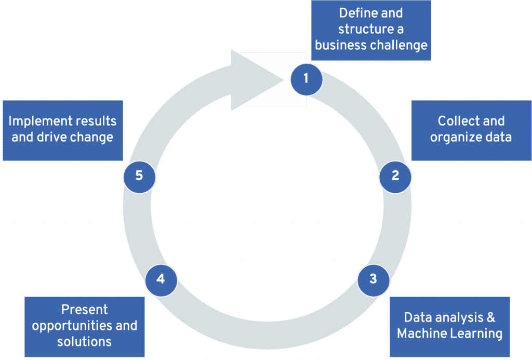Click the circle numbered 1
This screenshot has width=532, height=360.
pyautogui.click(x=306, y=79)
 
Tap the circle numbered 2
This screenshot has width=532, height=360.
pyautogui.click(x=395, y=176)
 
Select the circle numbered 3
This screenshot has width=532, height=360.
pyautogui.click(x=373, y=279)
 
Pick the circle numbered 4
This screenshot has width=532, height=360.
pyautogui.click(x=161, y=279)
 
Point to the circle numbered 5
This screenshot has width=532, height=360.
pyautogui.click(x=139, y=176)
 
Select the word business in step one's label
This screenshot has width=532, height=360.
pyautogui.click(x=340, y=45)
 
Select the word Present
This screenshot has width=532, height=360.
pyautogui.click(x=85, y=310)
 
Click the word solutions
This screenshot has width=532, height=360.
pyautogui.click(x=85, y=341)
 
